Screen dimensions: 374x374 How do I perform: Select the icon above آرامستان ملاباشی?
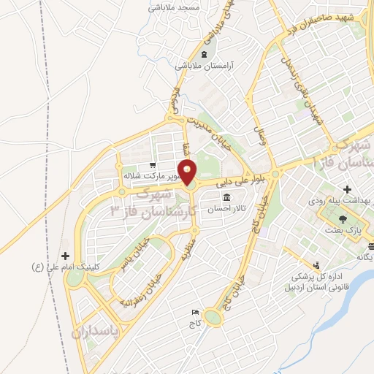[x=204, y=55]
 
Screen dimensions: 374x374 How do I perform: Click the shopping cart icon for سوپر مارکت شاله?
[x=152, y=165]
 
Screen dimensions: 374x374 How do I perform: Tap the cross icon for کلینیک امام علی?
[x=67, y=256]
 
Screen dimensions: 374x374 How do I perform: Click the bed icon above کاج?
[x=194, y=312]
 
